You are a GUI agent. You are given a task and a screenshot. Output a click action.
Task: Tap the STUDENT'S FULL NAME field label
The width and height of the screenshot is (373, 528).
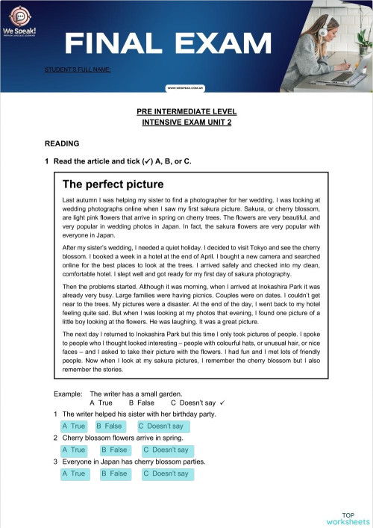[78, 69]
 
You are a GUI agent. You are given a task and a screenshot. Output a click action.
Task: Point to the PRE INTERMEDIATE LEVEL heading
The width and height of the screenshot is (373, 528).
[186, 111]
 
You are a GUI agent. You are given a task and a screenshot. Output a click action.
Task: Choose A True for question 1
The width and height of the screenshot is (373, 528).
[74, 426]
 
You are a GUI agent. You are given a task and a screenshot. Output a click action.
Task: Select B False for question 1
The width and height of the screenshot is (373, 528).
[109, 426]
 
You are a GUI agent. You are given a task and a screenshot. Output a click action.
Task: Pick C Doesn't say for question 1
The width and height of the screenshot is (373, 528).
[161, 426]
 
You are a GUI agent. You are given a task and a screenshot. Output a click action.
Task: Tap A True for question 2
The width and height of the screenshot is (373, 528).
[74, 450]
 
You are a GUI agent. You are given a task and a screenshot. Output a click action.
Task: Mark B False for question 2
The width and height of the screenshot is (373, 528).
[114, 450]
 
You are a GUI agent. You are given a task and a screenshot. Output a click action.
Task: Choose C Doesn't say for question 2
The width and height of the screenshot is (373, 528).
[166, 450]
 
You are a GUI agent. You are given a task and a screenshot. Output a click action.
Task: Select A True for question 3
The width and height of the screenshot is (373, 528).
[74, 474]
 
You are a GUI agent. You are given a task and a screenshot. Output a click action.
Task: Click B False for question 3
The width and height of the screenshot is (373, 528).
[114, 474]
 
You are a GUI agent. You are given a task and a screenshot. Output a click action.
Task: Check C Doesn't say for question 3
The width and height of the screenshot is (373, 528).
[166, 474]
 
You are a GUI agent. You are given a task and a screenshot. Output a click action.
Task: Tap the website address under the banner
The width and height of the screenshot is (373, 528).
[186, 87]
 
